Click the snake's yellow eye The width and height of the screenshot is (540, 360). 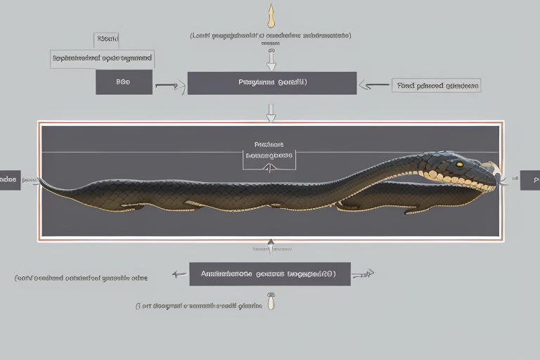click(x=459, y=165)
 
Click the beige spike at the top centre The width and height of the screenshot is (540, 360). click(x=271, y=15)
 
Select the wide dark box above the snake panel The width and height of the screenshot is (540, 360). click(x=271, y=83)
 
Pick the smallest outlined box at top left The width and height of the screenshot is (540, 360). click(x=107, y=39)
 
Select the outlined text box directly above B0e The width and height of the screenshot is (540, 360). click(x=103, y=58)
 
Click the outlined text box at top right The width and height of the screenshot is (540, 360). click(x=437, y=86)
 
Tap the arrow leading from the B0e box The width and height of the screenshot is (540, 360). click(x=166, y=86)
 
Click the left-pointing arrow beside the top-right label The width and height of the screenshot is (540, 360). click(x=373, y=86)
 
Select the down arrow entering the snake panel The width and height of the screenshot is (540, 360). click(x=271, y=112)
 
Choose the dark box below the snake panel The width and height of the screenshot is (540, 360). click(x=270, y=274)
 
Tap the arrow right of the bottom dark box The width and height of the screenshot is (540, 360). click(x=364, y=274)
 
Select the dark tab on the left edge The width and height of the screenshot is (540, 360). click(x=9, y=179)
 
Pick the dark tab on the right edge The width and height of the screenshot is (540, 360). click(x=529, y=180)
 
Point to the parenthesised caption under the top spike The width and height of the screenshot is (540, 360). click(x=271, y=34)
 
